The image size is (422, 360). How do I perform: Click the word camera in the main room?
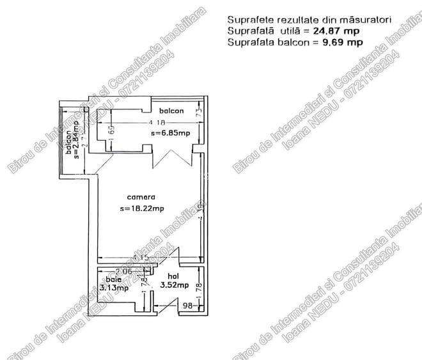(141, 197)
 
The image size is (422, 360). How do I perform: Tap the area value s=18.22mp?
(142, 208)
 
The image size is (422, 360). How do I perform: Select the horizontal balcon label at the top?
(172, 111)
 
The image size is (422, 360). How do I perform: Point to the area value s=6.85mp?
(171, 134)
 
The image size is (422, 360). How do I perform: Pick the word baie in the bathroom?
(113, 279)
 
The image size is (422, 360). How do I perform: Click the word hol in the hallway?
(165, 277)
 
